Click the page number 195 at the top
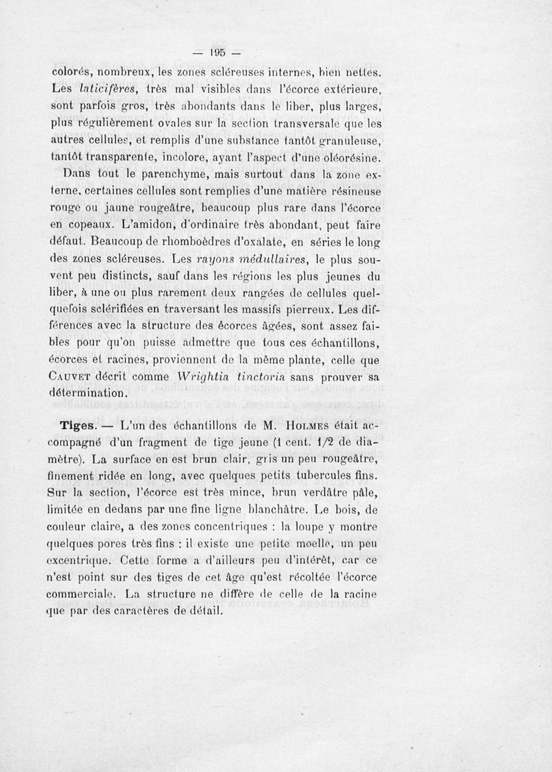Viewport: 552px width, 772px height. (x=219, y=53)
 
